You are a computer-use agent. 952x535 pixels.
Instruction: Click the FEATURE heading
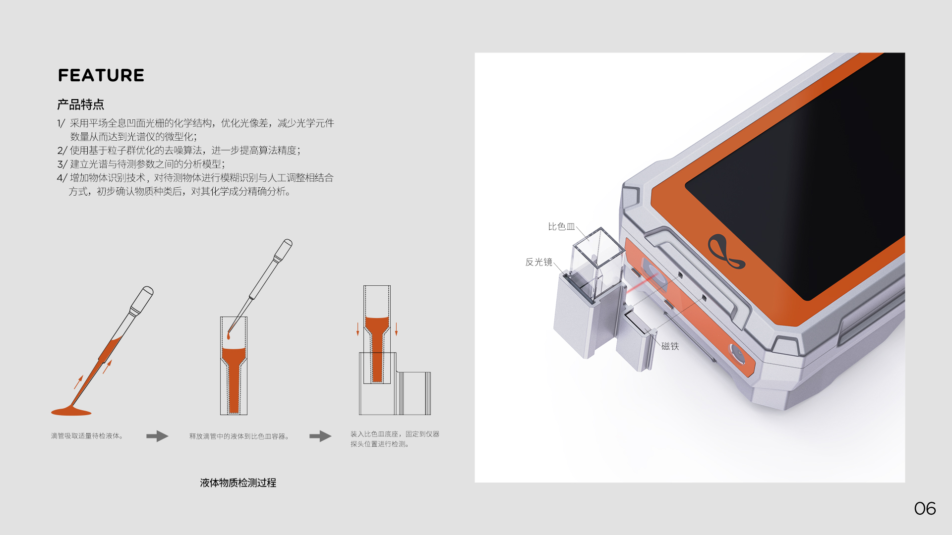(x=101, y=75)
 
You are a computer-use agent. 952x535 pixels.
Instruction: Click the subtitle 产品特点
(x=80, y=105)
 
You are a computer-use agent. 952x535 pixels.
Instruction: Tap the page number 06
(x=925, y=509)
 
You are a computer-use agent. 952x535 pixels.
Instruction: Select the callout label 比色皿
(x=561, y=227)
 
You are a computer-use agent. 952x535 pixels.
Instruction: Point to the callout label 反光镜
(x=538, y=262)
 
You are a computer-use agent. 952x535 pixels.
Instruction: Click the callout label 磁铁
(x=670, y=346)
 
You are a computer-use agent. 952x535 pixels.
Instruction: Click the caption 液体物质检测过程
(x=238, y=483)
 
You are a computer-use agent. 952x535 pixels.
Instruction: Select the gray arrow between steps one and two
(x=157, y=436)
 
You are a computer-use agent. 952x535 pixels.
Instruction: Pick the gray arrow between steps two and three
(x=320, y=436)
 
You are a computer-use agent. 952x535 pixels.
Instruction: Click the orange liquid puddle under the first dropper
(x=71, y=411)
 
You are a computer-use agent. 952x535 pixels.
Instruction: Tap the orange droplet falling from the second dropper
(x=229, y=336)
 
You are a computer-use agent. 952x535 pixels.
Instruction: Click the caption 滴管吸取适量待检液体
(x=87, y=436)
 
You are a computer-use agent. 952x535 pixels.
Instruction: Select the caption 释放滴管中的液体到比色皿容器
(x=239, y=436)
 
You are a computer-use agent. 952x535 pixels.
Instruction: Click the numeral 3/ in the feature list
(x=62, y=164)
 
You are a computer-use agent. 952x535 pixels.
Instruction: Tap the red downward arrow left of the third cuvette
(x=358, y=329)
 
